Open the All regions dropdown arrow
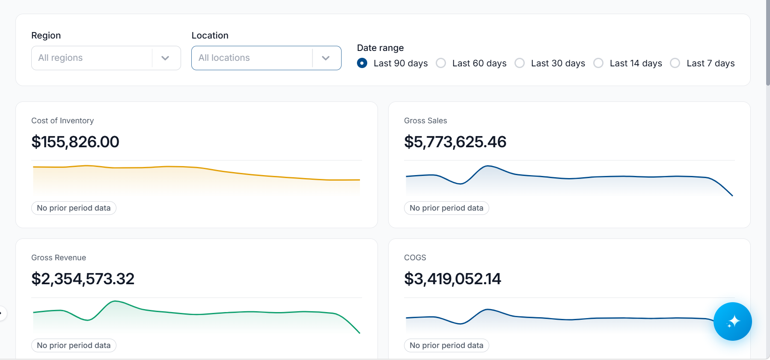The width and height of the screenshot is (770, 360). (x=165, y=58)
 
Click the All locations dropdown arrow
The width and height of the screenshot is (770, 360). (x=326, y=58)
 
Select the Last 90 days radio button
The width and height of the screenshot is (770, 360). (x=362, y=63)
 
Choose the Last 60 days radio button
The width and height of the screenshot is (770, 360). (x=441, y=63)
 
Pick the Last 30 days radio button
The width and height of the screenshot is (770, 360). (x=520, y=63)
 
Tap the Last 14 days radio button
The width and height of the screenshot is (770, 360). (x=598, y=63)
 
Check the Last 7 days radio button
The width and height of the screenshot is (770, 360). (x=675, y=63)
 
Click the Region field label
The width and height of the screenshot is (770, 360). (x=46, y=36)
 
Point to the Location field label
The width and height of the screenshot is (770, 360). (x=210, y=36)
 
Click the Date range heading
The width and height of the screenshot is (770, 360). (x=381, y=48)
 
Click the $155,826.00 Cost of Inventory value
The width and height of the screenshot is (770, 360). (x=75, y=142)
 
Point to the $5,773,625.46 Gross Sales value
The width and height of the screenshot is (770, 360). (x=455, y=142)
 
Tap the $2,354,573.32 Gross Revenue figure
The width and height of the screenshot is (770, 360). (x=83, y=279)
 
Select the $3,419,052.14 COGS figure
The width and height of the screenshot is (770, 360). (x=452, y=279)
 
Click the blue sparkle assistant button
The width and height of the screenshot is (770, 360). (x=733, y=321)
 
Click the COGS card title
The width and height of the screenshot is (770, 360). (x=415, y=258)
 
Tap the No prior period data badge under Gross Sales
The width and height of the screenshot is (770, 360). (x=446, y=208)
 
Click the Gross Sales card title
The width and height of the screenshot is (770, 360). (x=425, y=121)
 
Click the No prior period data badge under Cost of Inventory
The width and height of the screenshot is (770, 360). (x=74, y=208)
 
